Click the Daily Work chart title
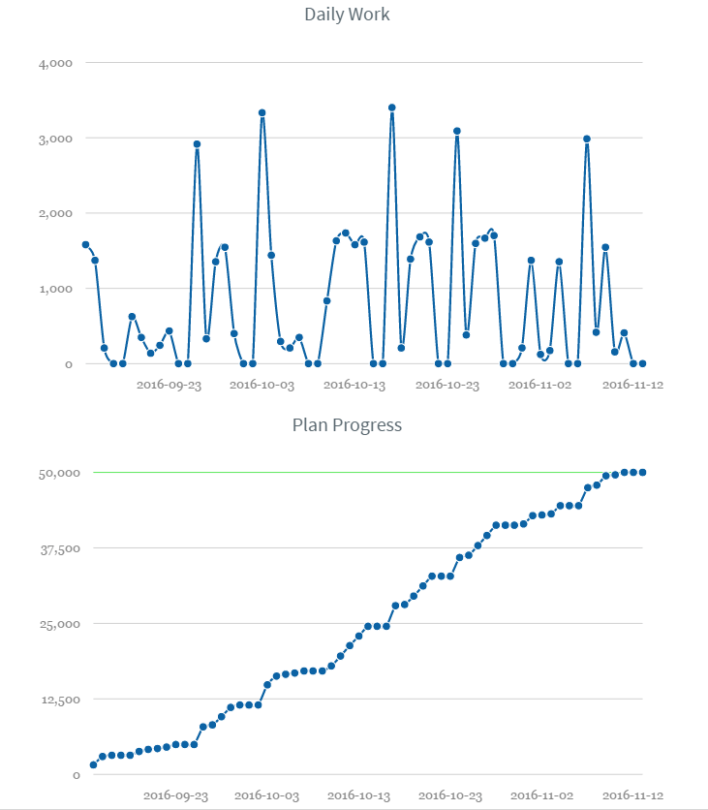pos(347,15)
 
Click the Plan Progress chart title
pos(347,424)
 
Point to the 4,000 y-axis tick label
pos(54,63)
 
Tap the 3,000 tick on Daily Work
pos(54,139)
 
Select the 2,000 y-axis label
pos(54,213)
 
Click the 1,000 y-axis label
pos(54,289)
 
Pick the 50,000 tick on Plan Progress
pos(54,473)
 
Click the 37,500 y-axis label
pos(54,548)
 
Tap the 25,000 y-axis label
pos(54,624)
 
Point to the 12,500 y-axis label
pos(54,700)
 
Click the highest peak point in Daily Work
pos(391,108)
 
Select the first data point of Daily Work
pos(85,244)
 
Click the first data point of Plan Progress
pos(93,764)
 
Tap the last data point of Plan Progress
pos(642,472)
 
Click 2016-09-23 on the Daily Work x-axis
pos(169,385)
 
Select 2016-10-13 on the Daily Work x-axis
pos(354,385)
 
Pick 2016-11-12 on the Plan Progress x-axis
pos(633,795)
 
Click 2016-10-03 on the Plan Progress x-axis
pos(267,795)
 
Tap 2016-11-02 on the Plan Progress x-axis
pos(542,795)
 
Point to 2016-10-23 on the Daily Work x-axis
pos(447,385)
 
